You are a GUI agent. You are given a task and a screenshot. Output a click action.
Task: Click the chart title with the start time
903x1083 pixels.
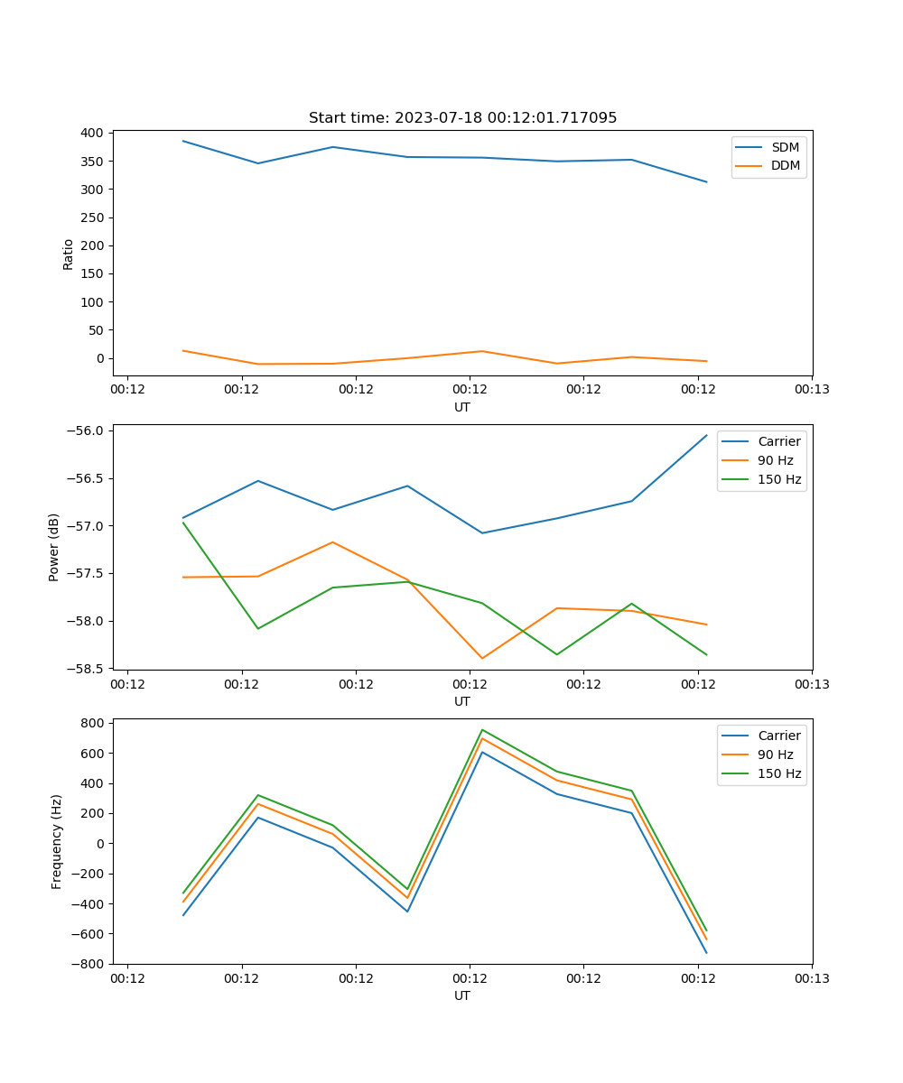(462, 118)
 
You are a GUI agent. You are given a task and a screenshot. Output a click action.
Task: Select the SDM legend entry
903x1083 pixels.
(785, 147)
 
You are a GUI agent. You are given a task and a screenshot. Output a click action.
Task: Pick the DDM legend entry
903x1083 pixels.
(785, 165)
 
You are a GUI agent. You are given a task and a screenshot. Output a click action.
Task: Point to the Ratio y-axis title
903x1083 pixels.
(69, 254)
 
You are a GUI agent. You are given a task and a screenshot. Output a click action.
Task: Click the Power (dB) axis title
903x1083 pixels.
(54, 547)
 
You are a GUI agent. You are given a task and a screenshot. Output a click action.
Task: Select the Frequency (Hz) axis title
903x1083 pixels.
(57, 841)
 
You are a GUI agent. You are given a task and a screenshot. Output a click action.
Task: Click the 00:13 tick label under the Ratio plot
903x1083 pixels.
(812, 390)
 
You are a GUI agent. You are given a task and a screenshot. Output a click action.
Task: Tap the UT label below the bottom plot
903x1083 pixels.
(462, 995)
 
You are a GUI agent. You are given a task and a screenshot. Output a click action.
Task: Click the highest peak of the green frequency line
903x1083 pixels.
(482, 729)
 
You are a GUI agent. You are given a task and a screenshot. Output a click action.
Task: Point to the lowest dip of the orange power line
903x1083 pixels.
(482, 658)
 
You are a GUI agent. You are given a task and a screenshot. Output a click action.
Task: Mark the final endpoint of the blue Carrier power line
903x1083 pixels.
(706, 435)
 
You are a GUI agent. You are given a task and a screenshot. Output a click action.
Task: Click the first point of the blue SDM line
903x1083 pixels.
(183, 141)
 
